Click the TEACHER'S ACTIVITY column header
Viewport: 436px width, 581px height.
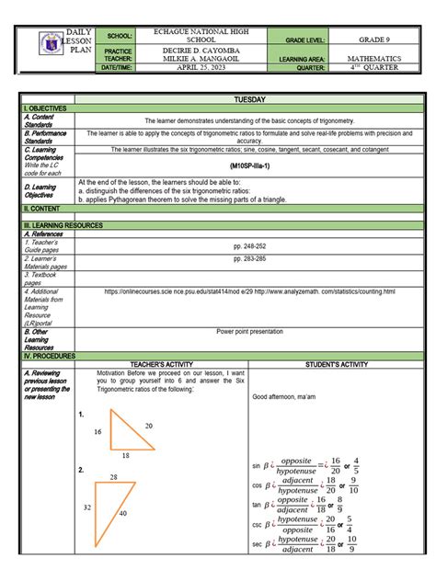click(x=160, y=363)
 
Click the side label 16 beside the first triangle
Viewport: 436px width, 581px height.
click(x=98, y=430)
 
